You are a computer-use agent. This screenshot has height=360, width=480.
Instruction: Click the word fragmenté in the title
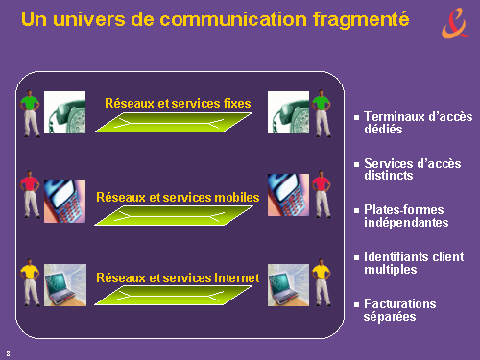[x=361, y=20]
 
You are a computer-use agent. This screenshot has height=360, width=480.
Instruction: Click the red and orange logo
[x=456, y=23]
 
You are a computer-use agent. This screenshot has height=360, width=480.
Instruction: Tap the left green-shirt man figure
[x=30, y=113]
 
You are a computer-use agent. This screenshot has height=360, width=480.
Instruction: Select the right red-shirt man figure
[x=322, y=194]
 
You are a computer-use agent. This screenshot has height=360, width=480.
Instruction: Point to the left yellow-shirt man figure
[x=30, y=282]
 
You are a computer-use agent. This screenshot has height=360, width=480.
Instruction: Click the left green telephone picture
[x=64, y=112]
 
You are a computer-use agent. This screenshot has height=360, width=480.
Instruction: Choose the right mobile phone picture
[x=288, y=195]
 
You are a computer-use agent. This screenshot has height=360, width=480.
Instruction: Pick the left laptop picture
[x=65, y=285]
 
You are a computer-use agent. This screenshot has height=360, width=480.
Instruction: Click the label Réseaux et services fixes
[x=178, y=104]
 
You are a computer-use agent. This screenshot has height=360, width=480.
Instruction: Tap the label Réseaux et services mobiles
[x=178, y=198]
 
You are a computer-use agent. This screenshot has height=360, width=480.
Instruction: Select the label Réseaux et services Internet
[x=178, y=278]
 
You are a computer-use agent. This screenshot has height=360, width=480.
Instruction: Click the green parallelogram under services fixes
[x=173, y=122]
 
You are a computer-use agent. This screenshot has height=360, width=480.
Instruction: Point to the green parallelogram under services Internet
[x=173, y=295]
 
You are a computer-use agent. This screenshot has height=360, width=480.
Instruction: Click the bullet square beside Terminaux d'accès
[x=357, y=117]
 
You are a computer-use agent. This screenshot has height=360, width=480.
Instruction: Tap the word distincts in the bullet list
[x=389, y=176]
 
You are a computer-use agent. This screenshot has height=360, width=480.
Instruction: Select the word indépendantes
[x=406, y=223]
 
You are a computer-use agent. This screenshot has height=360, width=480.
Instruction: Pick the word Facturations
[x=400, y=303]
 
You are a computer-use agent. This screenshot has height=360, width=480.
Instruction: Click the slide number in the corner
[x=8, y=353]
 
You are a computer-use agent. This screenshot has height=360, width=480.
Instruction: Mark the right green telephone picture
[x=288, y=112]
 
